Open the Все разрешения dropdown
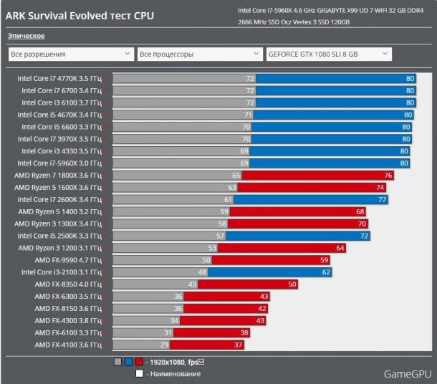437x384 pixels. (x=70, y=54)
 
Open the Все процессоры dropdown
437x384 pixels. (x=200, y=54)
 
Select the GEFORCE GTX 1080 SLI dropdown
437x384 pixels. (x=328, y=54)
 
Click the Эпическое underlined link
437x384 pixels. (x=27, y=36)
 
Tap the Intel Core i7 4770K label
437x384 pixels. (x=59, y=79)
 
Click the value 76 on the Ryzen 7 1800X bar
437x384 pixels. (x=388, y=175)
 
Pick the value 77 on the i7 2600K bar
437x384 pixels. (x=382, y=199)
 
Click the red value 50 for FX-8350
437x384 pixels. (x=292, y=284)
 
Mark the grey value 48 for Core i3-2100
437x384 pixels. (x=202, y=272)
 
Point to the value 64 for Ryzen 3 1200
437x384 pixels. (x=340, y=248)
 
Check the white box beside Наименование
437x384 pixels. (x=140, y=373)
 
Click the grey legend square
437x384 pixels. (x=117, y=362)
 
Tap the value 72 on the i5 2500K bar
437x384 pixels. (x=364, y=236)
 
